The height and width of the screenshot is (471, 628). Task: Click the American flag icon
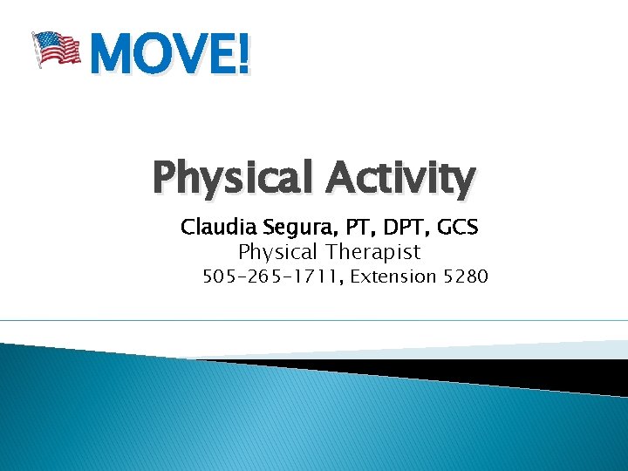56,49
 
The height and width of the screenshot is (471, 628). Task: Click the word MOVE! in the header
168,54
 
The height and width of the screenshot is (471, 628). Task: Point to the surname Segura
292,229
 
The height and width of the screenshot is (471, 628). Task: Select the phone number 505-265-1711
271,277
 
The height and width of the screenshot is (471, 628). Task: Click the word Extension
392,277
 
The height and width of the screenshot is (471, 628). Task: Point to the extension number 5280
466,277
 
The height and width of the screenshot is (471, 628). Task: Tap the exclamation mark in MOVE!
242,54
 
